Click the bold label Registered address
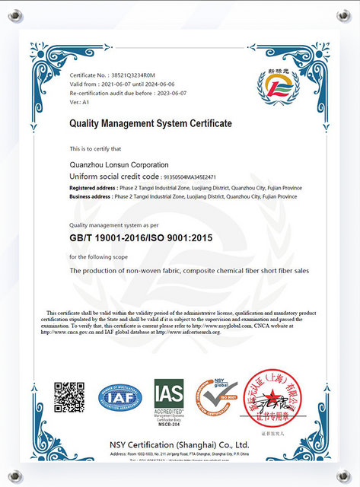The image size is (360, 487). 92,186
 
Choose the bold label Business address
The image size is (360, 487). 90,196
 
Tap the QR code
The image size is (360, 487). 69,397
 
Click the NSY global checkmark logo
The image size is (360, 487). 217,397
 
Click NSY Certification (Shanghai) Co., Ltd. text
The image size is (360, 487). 179,444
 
